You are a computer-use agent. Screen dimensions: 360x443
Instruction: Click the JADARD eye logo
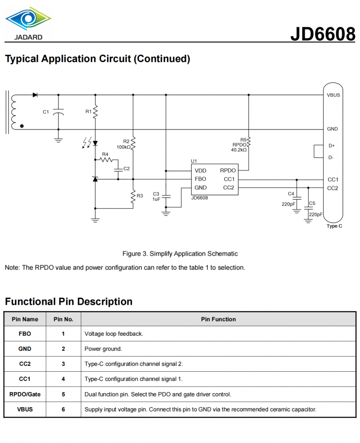tap(28, 18)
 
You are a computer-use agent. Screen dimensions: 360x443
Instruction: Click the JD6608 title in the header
tap(323, 34)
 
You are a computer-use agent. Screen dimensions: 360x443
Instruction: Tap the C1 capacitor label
tap(46, 112)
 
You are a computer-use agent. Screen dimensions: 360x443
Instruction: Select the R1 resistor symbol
tap(95, 112)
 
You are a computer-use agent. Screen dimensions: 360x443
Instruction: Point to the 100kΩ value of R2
tap(124, 147)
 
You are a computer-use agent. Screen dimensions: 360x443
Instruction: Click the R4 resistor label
tap(105, 154)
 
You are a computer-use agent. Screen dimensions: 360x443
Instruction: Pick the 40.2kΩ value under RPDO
tap(239, 150)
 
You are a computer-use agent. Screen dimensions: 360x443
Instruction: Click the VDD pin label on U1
tap(201, 171)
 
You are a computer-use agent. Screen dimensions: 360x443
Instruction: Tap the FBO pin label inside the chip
tap(201, 179)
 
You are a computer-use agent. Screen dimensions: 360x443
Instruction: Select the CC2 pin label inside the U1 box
tap(228, 187)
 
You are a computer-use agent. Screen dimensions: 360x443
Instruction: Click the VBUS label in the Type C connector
tap(333, 95)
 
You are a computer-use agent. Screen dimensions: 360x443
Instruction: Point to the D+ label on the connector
tap(332, 146)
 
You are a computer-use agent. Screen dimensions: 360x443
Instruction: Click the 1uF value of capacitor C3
tap(156, 199)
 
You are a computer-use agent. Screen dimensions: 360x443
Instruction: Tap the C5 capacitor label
tap(312, 203)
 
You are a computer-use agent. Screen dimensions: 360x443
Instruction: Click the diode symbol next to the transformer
tap(35, 95)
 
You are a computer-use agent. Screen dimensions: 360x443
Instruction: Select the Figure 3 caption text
tap(180, 254)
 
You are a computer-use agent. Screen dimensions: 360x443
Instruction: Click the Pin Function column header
tap(218, 319)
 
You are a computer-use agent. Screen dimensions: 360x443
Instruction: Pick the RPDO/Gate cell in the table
tap(25, 394)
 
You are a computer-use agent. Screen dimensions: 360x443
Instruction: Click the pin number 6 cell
tap(63, 409)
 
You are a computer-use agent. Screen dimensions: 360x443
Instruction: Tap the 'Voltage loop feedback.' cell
tap(114, 334)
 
